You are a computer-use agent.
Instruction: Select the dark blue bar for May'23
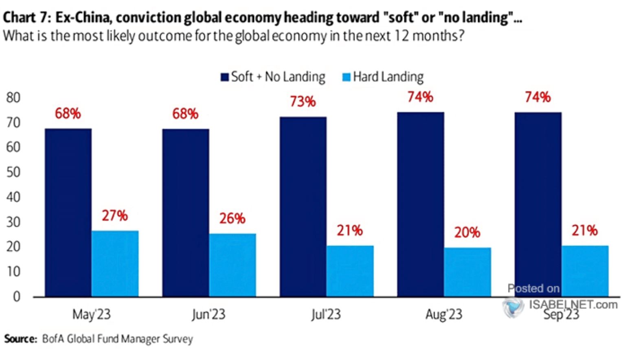[68, 212]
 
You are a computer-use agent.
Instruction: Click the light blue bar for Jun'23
[233, 265]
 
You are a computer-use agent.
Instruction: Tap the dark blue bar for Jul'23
[303, 206]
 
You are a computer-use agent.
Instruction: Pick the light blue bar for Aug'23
[467, 272]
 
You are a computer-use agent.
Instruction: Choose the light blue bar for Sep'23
[585, 271]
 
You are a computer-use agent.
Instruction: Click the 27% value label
[115, 215]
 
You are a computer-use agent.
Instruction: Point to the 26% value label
[232, 219]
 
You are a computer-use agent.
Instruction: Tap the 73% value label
[303, 101]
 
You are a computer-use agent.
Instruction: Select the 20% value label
[467, 233]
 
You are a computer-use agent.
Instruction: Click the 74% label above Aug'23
[420, 97]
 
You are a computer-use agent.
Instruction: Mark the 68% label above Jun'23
[185, 114]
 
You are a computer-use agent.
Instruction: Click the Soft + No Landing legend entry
[273, 77]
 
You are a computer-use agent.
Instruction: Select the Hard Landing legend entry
[383, 77]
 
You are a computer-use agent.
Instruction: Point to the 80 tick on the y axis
[13, 98]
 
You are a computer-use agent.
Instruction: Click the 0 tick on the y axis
[16, 296]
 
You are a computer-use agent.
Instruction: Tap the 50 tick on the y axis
[13, 172]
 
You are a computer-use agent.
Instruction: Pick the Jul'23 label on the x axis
[326, 314]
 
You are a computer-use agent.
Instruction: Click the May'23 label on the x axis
[91, 314]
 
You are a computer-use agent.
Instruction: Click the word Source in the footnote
[20, 339]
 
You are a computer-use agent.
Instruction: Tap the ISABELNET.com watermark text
[573, 304]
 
